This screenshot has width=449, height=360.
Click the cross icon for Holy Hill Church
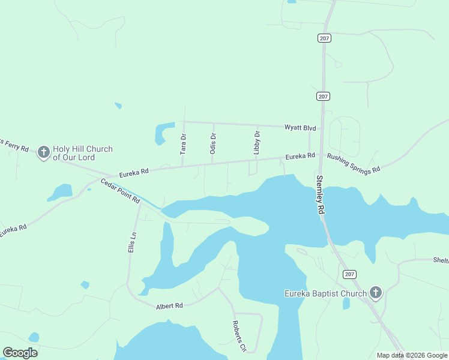(x=44, y=152)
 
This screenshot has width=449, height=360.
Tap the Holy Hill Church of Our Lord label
(x=82, y=153)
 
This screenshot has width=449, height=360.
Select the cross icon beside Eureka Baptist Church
(x=375, y=293)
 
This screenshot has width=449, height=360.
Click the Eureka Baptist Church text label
(x=325, y=293)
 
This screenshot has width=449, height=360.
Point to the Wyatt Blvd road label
(x=300, y=128)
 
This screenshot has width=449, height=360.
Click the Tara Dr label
(x=184, y=145)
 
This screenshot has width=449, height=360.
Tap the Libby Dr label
(x=257, y=143)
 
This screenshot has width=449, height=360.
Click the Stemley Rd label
(x=320, y=194)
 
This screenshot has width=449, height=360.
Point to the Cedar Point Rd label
(x=120, y=191)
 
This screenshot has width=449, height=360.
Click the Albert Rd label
(x=169, y=306)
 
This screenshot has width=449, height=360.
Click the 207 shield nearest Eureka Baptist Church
(x=349, y=274)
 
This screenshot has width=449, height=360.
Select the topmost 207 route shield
(x=324, y=38)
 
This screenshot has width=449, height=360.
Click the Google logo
(x=20, y=353)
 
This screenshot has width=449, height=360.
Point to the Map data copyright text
(x=412, y=355)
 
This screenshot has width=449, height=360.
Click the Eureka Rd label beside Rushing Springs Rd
(x=300, y=157)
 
